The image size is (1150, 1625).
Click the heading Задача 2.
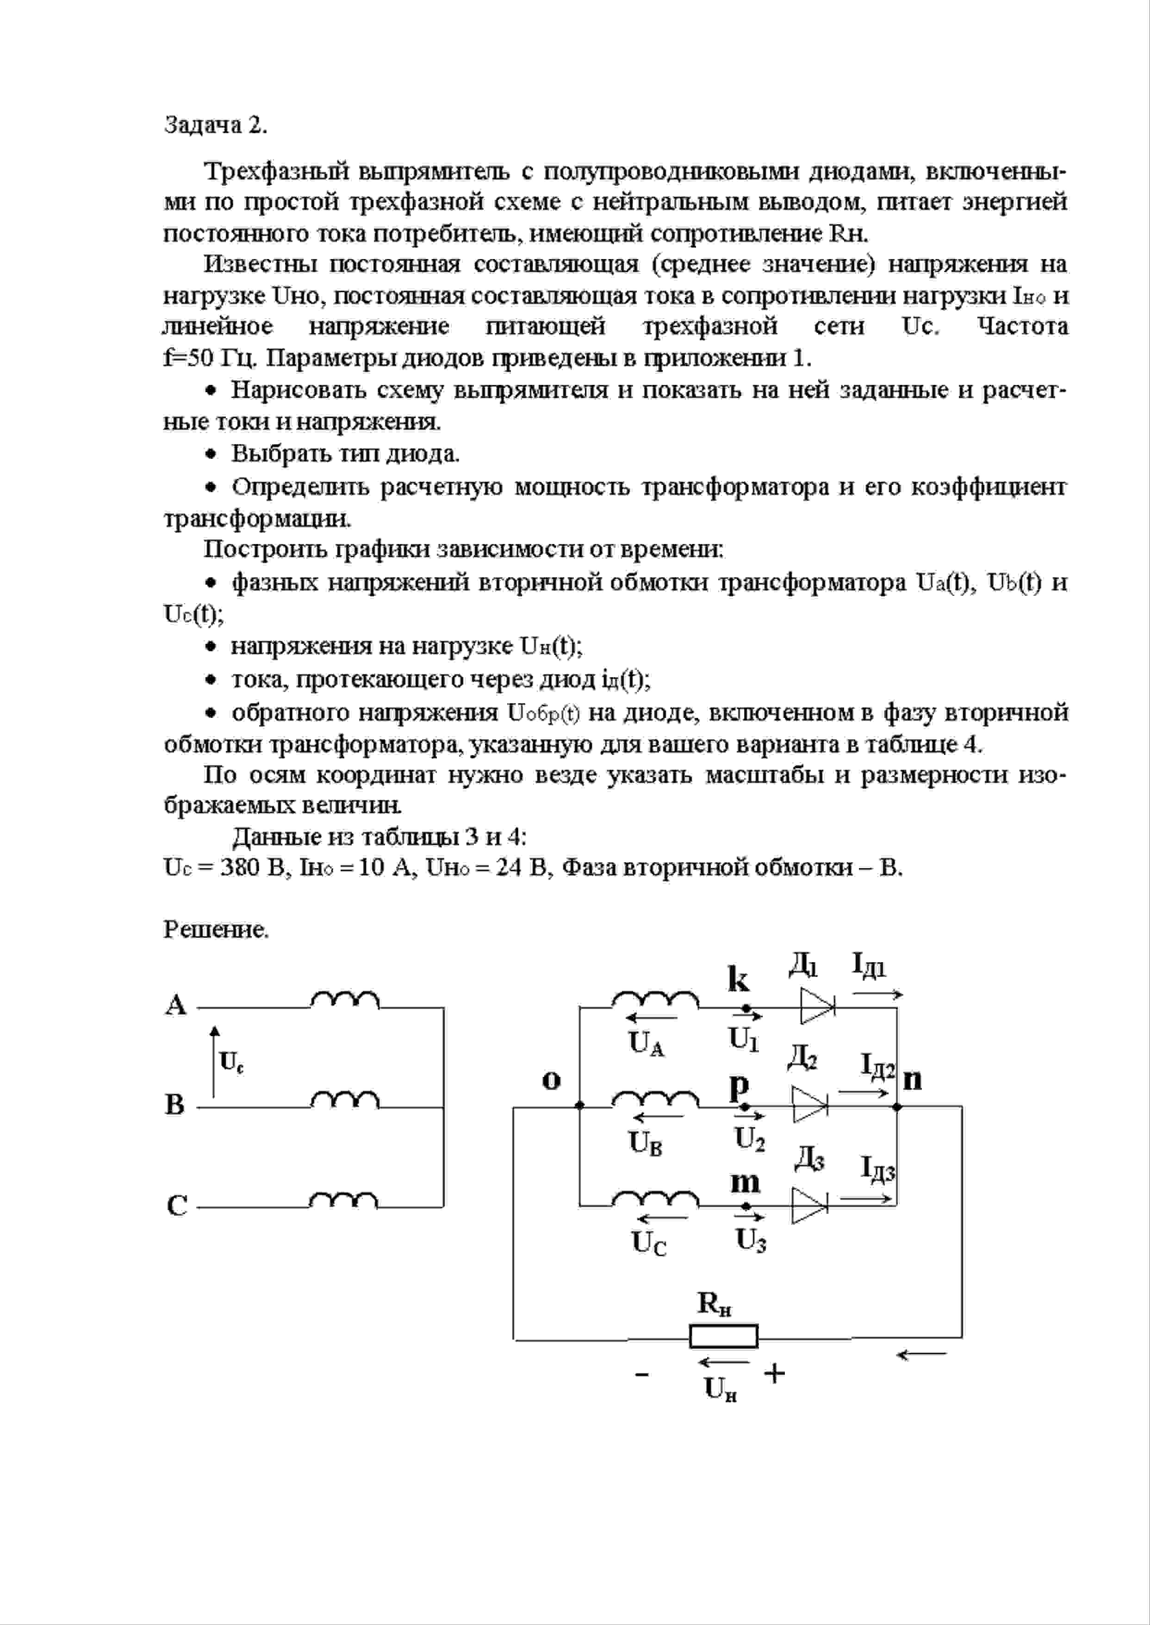pyautogui.click(x=215, y=125)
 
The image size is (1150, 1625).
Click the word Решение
pyautogui.click(x=216, y=929)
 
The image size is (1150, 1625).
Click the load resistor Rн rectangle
pyautogui.click(x=723, y=1336)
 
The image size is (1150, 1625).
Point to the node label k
pyautogui.click(x=738, y=980)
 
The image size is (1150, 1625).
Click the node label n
pyautogui.click(x=913, y=1079)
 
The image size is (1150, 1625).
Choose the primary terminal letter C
pyautogui.click(x=176, y=1205)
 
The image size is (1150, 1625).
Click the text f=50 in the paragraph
pyautogui.click(x=187, y=358)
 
